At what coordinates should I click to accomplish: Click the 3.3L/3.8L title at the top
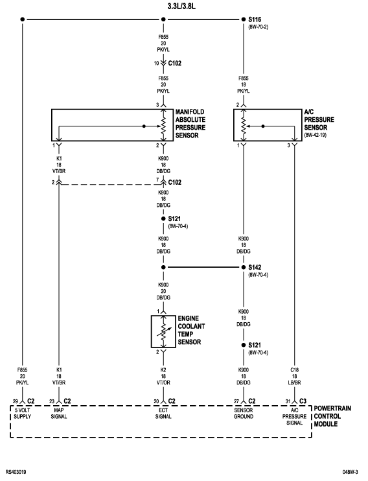pyautogui.click(x=181, y=6)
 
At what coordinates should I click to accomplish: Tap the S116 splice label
pyautogui.click(x=255, y=19)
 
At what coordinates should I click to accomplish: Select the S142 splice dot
pyautogui.click(x=244, y=267)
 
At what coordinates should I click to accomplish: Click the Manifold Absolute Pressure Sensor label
pyautogui.click(x=190, y=124)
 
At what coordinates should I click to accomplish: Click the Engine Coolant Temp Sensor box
pyautogui.click(x=152, y=332)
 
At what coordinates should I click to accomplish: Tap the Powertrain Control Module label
pyautogui.click(x=332, y=416)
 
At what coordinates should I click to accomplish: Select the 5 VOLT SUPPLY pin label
pyautogui.click(x=23, y=414)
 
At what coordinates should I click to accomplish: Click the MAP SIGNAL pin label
pyautogui.click(x=59, y=414)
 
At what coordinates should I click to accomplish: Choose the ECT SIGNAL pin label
pyautogui.click(x=163, y=414)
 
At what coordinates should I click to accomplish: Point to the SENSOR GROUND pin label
pyautogui.click(x=244, y=414)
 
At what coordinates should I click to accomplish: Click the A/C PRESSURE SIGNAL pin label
pyautogui.click(x=294, y=417)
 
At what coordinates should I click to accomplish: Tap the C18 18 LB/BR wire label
pyautogui.click(x=294, y=377)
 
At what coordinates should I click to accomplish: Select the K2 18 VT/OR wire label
pyautogui.click(x=163, y=377)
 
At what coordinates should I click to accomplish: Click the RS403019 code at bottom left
pyautogui.click(x=16, y=472)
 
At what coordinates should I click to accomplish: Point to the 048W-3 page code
pyautogui.click(x=351, y=472)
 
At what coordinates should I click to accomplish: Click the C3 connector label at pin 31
pyautogui.click(x=303, y=401)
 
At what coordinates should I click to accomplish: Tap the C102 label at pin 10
pyautogui.click(x=174, y=63)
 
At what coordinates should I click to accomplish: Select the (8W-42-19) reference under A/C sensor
pyautogui.click(x=316, y=135)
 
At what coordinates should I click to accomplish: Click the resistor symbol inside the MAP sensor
pyautogui.click(x=163, y=126)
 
